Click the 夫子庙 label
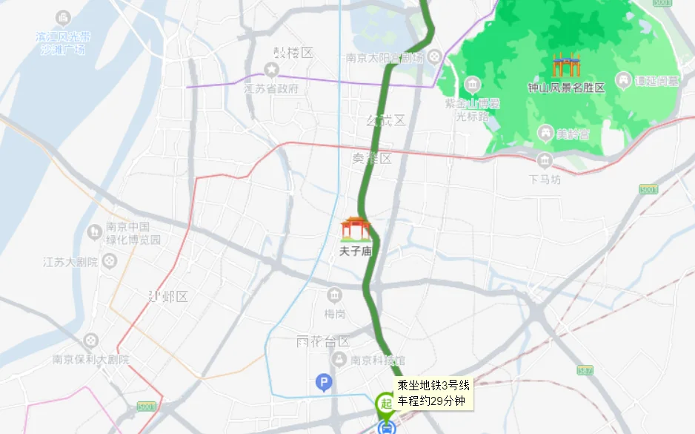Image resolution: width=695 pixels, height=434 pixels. pos(356,251)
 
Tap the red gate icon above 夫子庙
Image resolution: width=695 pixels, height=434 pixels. pos(356,228)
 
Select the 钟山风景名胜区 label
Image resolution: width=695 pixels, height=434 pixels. pos(566,88)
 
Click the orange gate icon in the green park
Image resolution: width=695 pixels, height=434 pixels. pos(566,65)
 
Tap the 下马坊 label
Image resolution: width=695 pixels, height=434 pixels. pos(545,179)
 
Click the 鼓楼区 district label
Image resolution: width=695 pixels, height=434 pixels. pos(293,53)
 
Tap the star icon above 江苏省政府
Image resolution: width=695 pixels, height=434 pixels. pos(272,70)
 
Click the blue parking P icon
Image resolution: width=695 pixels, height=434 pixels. pos(323,383)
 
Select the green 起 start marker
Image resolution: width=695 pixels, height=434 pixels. pos(385,403)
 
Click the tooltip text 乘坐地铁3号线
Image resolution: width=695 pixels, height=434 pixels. pos(433,385)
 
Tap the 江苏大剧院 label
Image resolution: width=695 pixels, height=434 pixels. pos(71,261)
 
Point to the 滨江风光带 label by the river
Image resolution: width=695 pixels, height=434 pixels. pos(63,36)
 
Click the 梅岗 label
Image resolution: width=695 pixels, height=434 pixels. pos(335,314)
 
